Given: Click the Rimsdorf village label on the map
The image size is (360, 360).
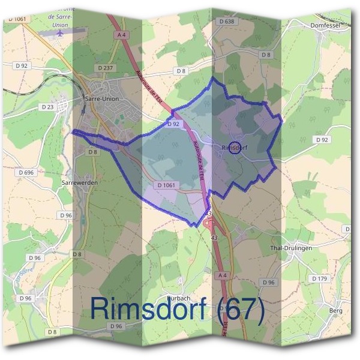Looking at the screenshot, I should (x=235, y=146).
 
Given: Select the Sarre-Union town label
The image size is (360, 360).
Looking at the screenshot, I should (x=103, y=99).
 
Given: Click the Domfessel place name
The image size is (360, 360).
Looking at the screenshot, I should (x=326, y=26).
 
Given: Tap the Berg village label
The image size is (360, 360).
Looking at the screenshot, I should (x=335, y=310).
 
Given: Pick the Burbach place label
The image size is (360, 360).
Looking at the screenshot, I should (x=178, y=297).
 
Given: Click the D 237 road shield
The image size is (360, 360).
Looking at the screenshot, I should (x=104, y=67).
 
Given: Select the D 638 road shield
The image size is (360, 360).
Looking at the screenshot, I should (x=226, y=21).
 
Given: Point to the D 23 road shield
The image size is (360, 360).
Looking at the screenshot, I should (x=47, y=107).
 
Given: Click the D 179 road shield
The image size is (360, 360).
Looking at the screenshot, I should (x=319, y=279).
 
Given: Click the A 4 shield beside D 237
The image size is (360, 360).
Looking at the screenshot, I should (x=122, y=35).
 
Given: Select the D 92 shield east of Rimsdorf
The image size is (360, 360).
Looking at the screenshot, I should (x=322, y=140).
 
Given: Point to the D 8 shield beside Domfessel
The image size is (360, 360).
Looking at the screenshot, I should (x=266, y=55).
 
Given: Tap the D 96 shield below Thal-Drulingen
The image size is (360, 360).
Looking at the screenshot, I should (x=269, y=282).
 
